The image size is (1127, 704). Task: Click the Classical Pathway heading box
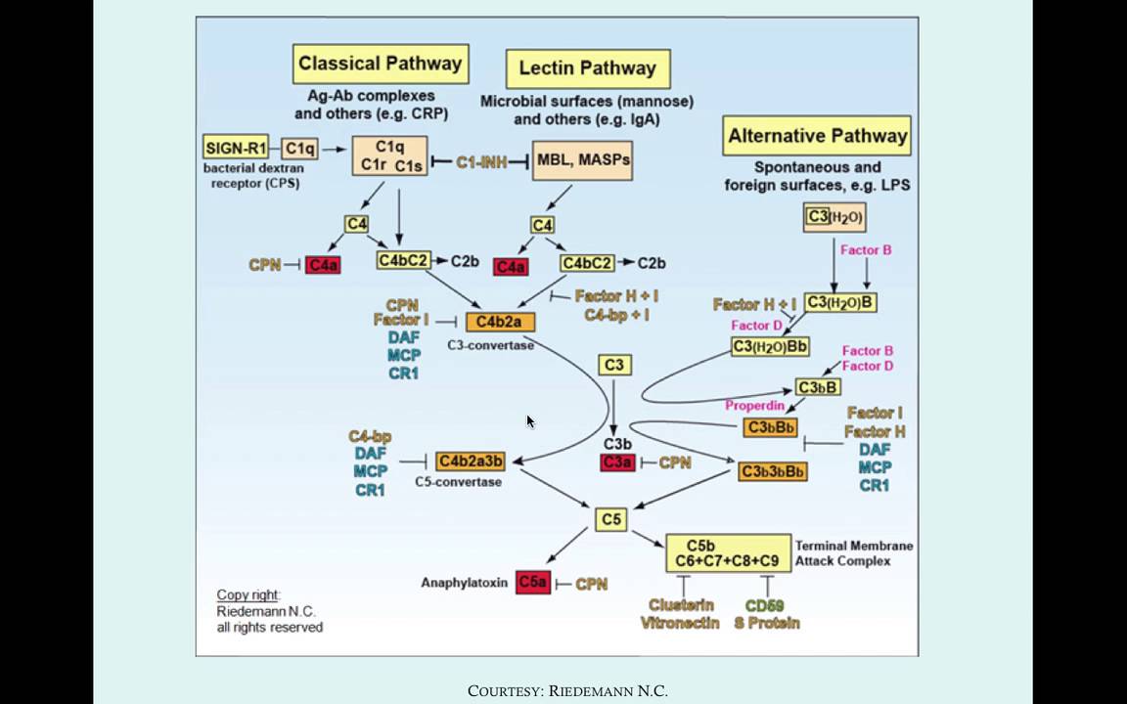[x=380, y=65]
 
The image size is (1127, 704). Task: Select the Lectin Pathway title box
[x=587, y=69]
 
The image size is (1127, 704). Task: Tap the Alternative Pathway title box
[x=817, y=136]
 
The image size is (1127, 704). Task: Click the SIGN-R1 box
[x=236, y=149]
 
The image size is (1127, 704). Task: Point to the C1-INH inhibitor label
[x=481, y=162]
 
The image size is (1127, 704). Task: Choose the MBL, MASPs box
[x=582, y=159]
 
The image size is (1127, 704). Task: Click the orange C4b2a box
[x=500, y=322]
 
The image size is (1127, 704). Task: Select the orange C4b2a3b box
[x=471, y=461]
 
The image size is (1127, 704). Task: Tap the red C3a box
[x=617, y=462]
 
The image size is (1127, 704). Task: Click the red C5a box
[x=533, y=583]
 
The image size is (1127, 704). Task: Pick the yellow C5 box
[x=611, y=519]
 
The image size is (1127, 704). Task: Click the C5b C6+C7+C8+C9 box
[x=728, y=552]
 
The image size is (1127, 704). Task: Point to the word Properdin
[x=756, y=406]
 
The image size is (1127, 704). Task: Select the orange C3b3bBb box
[x=773, y=472]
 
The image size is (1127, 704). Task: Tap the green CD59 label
[x=765, y=605]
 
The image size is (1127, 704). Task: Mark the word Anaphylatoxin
[x=464, y=583]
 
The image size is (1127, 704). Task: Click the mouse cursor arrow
[x=530, y=420]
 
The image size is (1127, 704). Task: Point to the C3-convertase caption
[x=489, y=345]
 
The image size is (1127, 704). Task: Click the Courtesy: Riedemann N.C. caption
[x=567, y=691]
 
